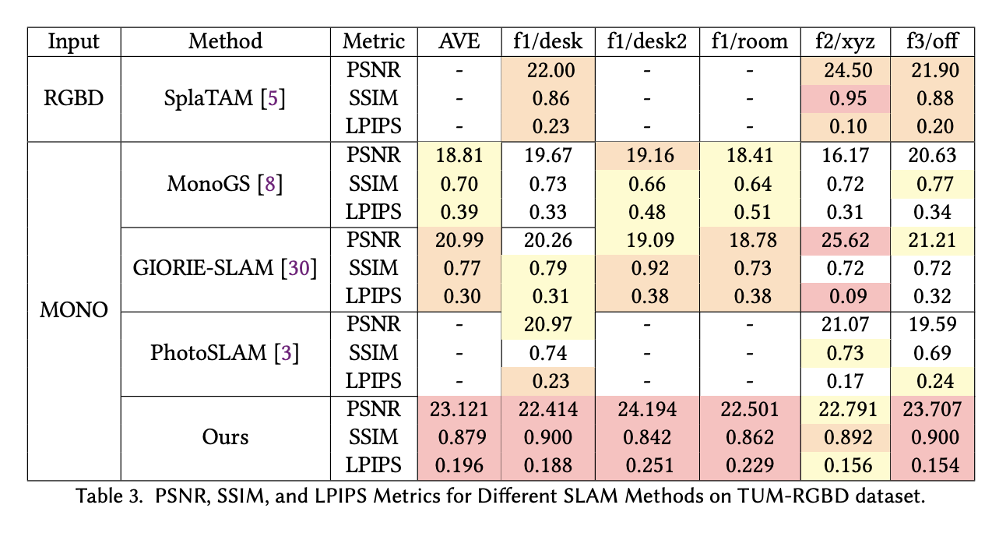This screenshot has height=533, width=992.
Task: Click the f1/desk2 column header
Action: pos(646,41)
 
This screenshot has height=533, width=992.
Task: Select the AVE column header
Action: pos(459,41)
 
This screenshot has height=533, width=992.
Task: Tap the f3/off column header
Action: pos(934,41)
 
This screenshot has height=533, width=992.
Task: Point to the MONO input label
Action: pos(74,309)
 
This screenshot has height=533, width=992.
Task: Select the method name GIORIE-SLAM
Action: pos(204,268)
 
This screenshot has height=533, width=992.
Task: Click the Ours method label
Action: pos(225,436)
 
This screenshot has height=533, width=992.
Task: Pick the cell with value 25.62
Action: pos(846,240)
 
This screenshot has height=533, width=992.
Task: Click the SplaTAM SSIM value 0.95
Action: pos(846,99)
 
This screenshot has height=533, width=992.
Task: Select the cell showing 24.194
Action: pos(646,409)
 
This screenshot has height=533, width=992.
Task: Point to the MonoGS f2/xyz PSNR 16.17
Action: pos(846,155)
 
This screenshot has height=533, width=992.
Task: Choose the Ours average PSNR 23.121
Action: pos(459,409)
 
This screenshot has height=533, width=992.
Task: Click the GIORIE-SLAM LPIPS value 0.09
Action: pos(846,296)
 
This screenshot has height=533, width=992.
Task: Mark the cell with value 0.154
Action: pos(934,465)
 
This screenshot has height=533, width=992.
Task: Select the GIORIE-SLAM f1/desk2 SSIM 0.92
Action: pos(646,268)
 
